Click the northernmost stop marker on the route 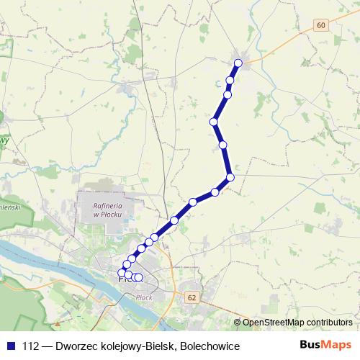(238, 63)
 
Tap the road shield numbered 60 (320, 25)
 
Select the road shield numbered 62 (191, 297)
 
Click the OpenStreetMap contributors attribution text (297, 322)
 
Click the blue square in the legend (10, 346)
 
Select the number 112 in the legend (31, 346)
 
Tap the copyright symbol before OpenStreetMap (238, 322)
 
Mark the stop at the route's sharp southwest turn (230, 177)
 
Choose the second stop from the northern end (230, 80)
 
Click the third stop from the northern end (228, 94)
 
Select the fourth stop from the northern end (214, 122)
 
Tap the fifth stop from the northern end (223, 145)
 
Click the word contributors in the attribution (326, 322)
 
